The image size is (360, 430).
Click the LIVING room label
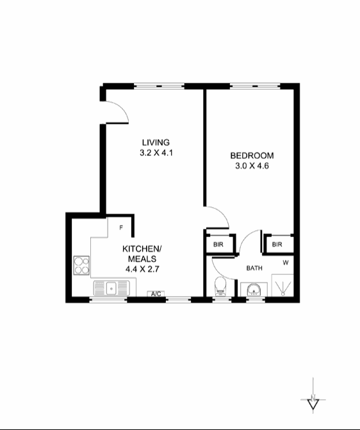pos(156,142)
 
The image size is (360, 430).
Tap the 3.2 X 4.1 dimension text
pos(156,153)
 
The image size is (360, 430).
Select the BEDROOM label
pos(252,156)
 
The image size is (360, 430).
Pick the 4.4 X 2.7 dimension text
pos(142,269)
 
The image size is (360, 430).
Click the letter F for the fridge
pos(120,227)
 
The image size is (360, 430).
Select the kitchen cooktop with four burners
pos(81,265)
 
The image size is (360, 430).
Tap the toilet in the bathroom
pos(220,286)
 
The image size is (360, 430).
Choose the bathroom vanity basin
pos(254,290)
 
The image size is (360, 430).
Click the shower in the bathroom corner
pos(282,285)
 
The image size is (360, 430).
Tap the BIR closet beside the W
pos(277,244)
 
